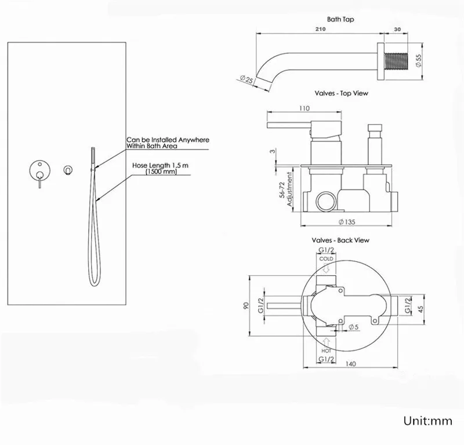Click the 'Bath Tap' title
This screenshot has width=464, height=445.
pos(340,19)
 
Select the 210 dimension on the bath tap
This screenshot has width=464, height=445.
pos(321,29)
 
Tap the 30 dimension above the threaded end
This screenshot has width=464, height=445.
pos(397,30)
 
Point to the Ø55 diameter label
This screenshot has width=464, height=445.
pos(418,61)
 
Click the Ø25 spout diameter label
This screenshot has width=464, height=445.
pos(246,79)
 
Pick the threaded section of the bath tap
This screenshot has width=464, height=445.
pos(396,61)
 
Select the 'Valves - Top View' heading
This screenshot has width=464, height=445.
pos(341,93)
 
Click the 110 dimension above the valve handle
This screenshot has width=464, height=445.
pos(304,108)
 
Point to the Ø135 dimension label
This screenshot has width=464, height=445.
pos(347,222)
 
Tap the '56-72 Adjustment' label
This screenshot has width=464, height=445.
pos(285,189)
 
